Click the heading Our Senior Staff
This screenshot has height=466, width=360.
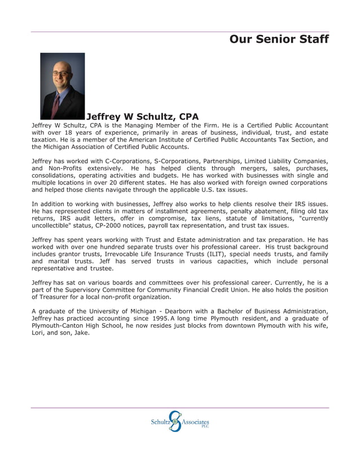(279, 39)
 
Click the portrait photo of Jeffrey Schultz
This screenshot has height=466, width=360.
(63, 86)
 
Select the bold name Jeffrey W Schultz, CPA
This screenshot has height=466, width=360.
(142, 117)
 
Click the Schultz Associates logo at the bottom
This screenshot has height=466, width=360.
(179, 421)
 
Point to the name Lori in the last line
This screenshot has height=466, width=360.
(40, 333)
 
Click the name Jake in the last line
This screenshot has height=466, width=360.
(81, 333)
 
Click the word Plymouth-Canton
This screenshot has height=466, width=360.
(59, 326)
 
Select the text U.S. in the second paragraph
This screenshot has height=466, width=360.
(202, 190)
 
